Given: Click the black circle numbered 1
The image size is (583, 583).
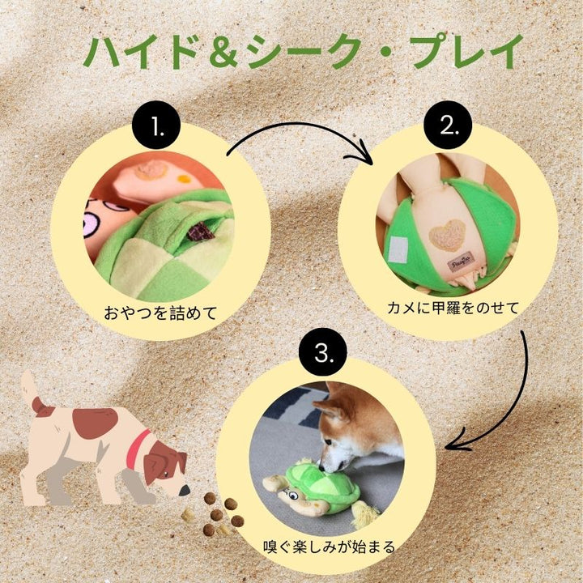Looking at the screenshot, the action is click(156, 125).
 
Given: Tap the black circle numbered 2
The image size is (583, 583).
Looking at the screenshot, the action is click(448, 125).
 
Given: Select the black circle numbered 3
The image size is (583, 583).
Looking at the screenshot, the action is click(323, 351).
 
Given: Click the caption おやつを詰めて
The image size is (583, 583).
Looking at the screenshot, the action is click(160, 313).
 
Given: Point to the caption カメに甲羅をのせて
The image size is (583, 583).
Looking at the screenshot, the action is click(453, 308).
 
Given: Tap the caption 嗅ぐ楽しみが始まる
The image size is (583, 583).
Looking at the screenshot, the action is click(329, 547).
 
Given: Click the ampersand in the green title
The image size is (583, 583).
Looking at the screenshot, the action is click(223, 53).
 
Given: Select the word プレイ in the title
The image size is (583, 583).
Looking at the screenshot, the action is click(468, 52).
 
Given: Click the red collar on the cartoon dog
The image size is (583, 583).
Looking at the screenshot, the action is click(137, 448).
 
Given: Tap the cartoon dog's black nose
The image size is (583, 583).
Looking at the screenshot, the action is click(185, 492).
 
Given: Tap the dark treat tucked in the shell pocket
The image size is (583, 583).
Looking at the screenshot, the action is click(201, 232).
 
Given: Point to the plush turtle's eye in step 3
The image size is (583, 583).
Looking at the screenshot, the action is click(294, 496).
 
